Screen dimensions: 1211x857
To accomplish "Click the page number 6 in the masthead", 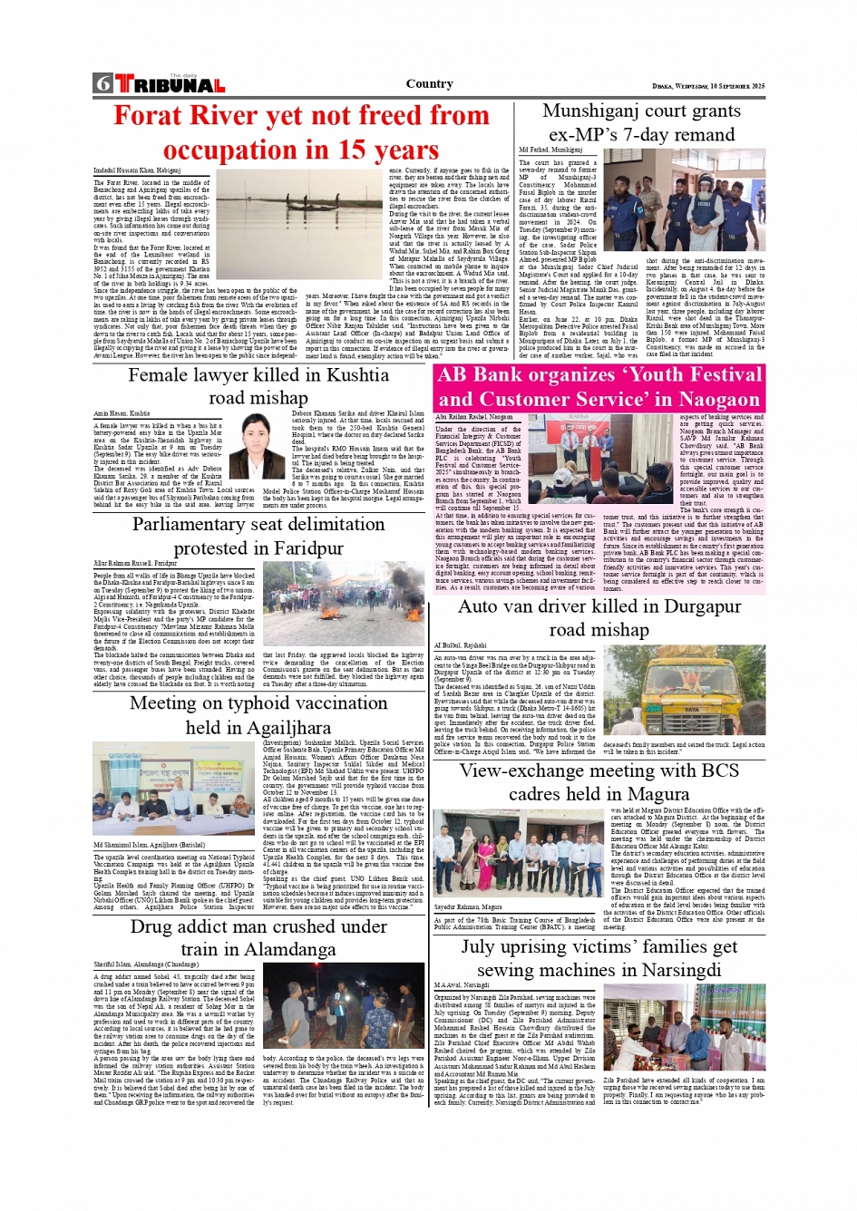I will click(102, 84).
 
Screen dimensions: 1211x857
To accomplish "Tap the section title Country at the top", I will click(429, 83).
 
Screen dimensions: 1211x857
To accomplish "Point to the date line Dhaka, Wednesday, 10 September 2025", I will click(708, 86).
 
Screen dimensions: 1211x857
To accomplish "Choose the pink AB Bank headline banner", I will click(599, 387).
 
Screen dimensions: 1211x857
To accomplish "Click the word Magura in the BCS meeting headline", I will click(656, 794).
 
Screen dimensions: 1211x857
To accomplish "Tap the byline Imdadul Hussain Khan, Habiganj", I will click(137, 170).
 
